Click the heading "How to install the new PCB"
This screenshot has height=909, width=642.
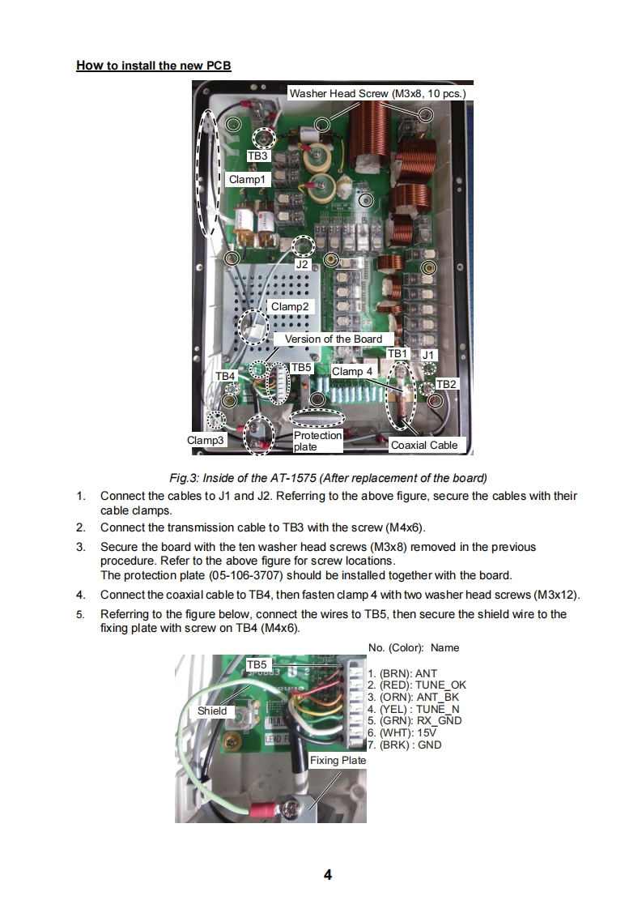pos(154,66)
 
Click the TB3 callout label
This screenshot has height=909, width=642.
pos(258,156)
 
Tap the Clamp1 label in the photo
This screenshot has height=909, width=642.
pos(247,179)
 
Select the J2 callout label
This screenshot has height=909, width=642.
pos(302,264)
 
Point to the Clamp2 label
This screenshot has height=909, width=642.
pos(290,307)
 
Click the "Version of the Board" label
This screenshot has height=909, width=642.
pos(333,339)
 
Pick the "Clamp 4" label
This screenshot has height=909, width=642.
pos(353,371)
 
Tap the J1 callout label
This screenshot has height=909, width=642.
pos(428,355)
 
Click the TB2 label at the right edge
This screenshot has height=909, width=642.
pos(446,383)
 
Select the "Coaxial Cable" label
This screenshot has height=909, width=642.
pos(423,445)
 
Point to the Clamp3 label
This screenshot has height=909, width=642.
pos(206,440)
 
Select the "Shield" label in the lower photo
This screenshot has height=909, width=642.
pos(212,711)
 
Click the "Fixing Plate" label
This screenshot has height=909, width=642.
pos(338,760)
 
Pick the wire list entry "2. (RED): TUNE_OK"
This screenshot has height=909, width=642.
pos(417,685)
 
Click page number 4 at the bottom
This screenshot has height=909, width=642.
pos(328,875)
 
